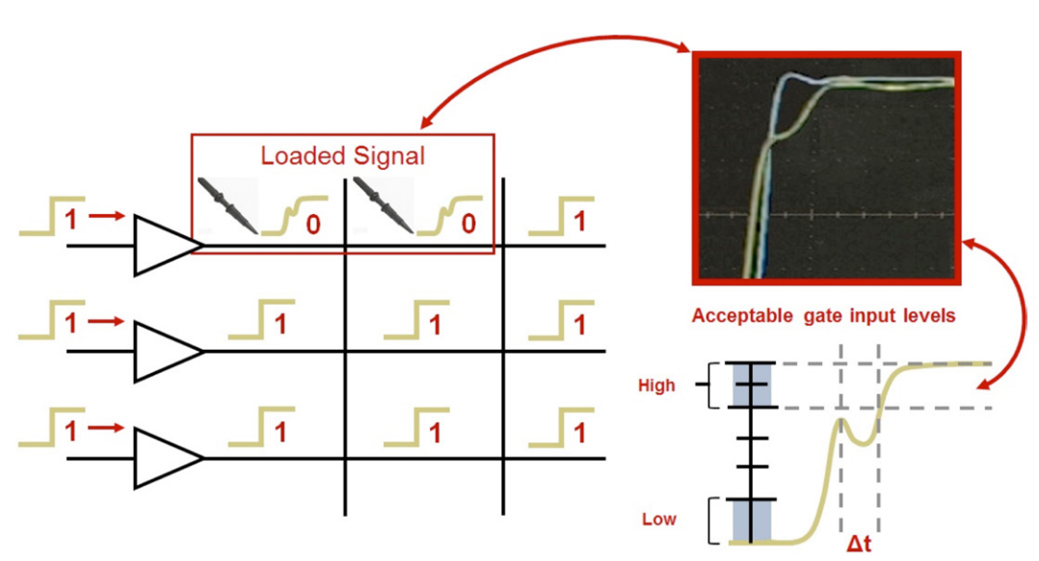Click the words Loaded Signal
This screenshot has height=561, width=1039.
(x=343, y=155)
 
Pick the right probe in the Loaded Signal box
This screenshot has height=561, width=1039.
(x=384, y=204)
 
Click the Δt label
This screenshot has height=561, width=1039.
(x=860, y=546)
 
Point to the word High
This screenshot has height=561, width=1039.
(x=656, y=386)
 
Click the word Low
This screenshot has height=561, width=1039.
(x=659, y=520)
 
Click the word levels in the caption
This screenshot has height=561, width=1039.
(x=925, y=316)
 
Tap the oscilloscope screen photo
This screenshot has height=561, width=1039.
(x=827, y=168)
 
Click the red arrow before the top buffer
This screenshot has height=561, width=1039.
(x=106, y=217)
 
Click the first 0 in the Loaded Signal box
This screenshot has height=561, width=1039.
(x=312, y=226)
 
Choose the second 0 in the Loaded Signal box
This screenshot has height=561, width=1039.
(x=468, y=226)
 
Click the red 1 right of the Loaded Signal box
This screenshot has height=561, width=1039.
(x=579, y=222)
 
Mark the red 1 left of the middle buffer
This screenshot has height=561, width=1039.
(x=69, y=325)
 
